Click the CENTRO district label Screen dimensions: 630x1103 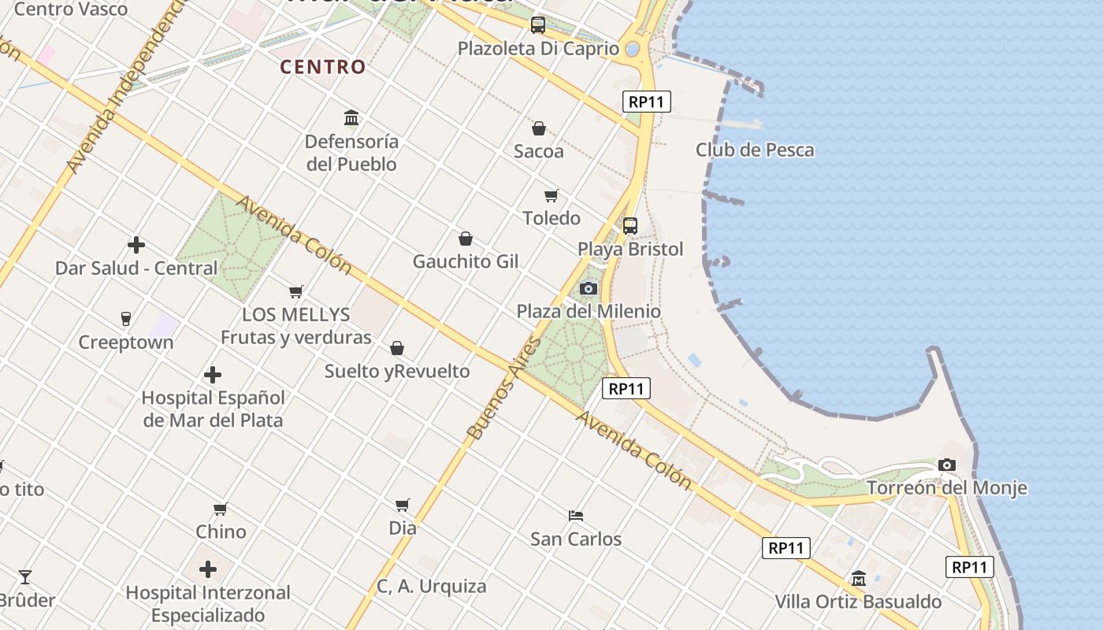323,67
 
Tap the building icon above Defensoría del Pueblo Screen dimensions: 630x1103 351,118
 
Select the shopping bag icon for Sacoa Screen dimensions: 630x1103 539,128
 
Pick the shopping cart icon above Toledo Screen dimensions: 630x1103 551,195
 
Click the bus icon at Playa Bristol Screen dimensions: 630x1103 629,226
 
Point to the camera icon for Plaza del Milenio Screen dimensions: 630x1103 588,288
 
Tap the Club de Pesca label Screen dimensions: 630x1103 754,150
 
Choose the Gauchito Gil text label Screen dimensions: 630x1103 466,261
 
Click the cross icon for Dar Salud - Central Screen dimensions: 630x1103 136,245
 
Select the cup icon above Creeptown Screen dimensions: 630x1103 125,319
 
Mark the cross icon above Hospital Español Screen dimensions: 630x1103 212,375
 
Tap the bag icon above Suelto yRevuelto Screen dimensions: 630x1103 397,348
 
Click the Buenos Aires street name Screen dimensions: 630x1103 504,388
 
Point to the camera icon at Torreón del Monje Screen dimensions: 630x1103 947,465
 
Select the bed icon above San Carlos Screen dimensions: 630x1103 576,516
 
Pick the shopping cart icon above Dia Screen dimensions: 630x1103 403,505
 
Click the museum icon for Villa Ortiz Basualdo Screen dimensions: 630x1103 858,579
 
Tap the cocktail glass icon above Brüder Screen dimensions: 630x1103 25,577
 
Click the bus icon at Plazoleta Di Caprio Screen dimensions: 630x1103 538,25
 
